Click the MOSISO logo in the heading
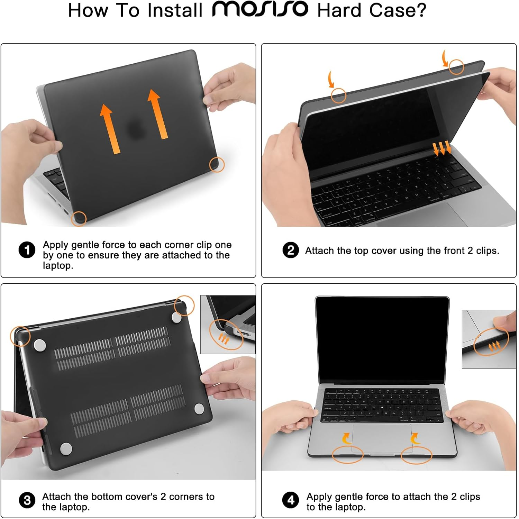tap(260, 9)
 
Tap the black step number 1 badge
tap(27, 250)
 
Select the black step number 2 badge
tap(291, 250)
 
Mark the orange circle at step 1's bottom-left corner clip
tap(79, 219)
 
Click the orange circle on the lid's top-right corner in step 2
tap(456, 67)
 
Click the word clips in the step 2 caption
tap(487, 251)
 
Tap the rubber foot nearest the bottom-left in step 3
tap(66, 448)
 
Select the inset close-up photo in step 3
tap(228, 324)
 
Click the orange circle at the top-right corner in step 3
tap(184, 306)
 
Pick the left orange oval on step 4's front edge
tap(347, 455)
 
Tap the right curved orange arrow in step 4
tap(415, 439)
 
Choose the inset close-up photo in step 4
tap(489, 339)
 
